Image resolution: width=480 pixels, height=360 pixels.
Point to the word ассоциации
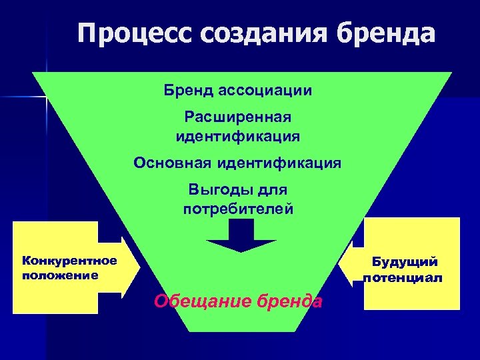coord(266,89)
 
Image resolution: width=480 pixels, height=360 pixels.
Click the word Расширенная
coord(238,117)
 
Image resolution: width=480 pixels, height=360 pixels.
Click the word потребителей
coord(238,209)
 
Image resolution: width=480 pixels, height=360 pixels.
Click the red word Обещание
coord(194,301)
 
